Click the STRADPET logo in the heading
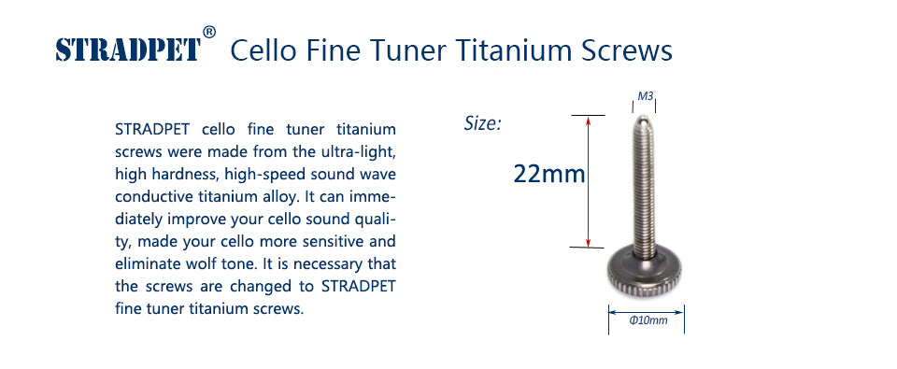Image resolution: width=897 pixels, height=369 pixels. point(128,50)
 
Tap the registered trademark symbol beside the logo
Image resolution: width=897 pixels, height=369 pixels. point(209,33)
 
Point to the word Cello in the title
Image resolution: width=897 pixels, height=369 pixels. point(263,50)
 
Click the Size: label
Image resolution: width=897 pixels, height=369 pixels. point(482,123)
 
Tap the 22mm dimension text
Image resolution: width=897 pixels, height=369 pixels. point(549,174)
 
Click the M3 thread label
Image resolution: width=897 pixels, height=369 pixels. point(646,96)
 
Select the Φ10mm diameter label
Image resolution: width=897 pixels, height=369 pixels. point(648,320)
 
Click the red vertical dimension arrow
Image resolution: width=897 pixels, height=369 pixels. point(588,181)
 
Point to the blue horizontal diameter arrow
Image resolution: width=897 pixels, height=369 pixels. point(646,312)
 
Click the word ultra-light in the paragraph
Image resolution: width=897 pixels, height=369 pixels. point(363,153)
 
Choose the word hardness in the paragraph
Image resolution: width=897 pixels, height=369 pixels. point(188,175)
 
